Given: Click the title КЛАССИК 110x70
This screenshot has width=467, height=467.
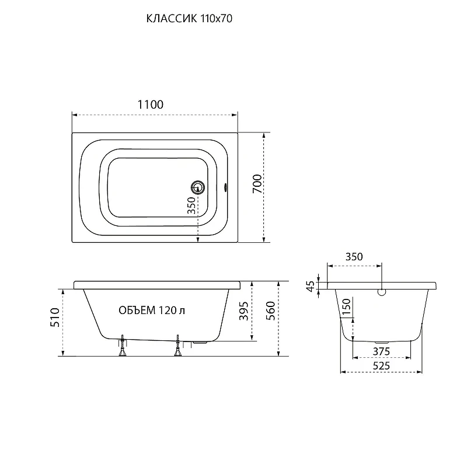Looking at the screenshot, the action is click(x=189, y=19).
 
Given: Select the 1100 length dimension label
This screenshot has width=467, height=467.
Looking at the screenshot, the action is click(x=151, y=104).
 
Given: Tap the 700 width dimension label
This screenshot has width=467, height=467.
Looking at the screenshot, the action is click(x=257, y=184).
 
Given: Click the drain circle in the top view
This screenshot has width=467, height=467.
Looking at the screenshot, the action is click(x=198, y=187).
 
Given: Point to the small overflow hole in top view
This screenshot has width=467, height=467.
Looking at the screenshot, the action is click(x=225, y=187).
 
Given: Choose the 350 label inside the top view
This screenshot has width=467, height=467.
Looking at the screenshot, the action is click(x=191, y=205).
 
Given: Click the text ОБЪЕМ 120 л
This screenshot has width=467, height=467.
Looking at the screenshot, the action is click(x=152, y=311).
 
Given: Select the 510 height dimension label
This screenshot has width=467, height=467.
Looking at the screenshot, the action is click(x=55, y=318).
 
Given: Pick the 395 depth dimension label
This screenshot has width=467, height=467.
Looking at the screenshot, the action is click(x=244, y=311).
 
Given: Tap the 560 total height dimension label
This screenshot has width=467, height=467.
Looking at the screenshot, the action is click(x=270, y=311).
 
